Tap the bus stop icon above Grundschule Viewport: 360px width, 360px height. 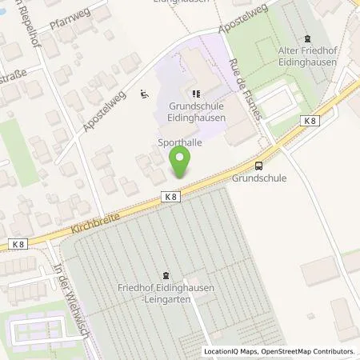click(258, 166)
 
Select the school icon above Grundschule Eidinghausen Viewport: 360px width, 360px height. click(196, 93)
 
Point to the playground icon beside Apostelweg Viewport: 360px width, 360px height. click(145, 94)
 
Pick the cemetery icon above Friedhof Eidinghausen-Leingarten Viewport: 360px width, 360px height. click(166, 274)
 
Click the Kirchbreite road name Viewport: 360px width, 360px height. click(85, 221)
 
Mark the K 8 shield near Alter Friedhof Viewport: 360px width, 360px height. click(313, 120)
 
